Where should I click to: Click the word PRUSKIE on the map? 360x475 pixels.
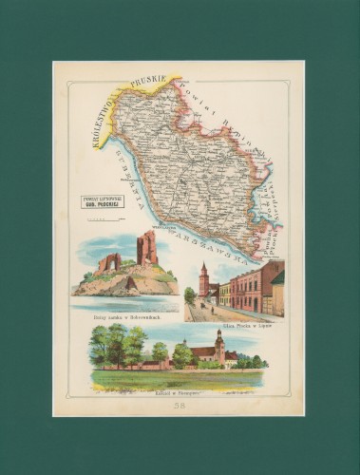[x=147, y=81]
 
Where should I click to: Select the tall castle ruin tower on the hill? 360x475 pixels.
[x=146, y=249]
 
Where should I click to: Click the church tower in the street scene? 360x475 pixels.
[x=203, y=279]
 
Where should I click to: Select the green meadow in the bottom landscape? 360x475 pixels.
[x=171, y=379]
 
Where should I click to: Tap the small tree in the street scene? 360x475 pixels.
[x=190, y=295]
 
